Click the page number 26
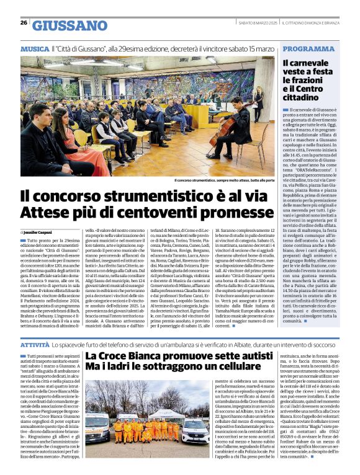[x=24, y=22]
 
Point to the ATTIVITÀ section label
[x=34, y=344]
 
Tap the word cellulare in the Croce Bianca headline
[x=227, y=367]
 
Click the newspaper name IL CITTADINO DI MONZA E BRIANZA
[x=319, y=22]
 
